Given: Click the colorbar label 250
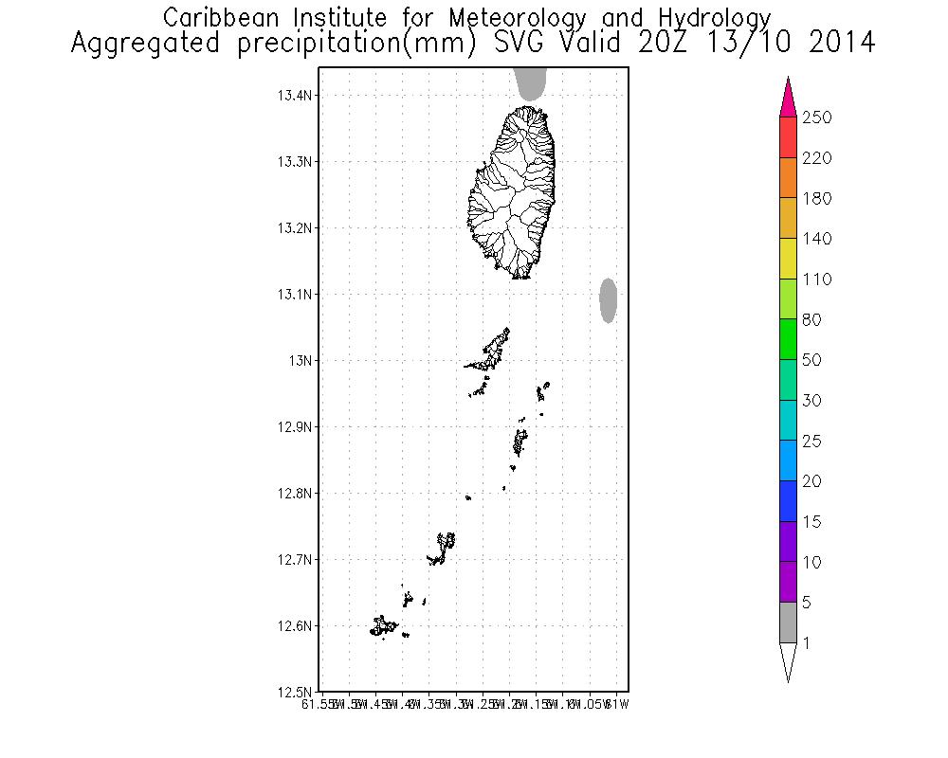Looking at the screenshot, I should coord(816,117).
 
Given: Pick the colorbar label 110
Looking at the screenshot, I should coord(816,280).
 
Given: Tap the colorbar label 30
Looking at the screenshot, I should coord(812,401).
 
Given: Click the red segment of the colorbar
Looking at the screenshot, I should coord(788,136).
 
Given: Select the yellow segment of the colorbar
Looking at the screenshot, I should coord(788,259).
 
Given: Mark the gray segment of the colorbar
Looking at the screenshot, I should coord(788,623).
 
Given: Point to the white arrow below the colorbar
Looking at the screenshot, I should coord(788,660).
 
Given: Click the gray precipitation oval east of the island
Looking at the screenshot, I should coord(609,300).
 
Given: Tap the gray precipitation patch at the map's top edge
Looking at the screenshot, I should coord(531,84).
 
